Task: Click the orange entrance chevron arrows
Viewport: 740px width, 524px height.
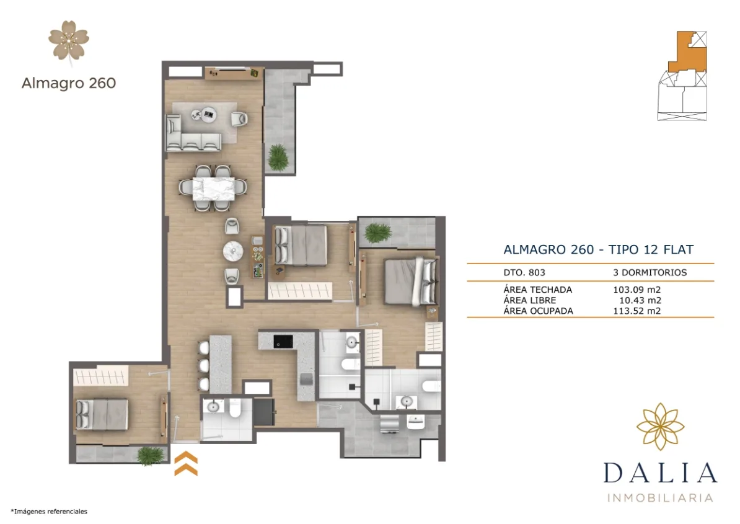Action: [x=186, y=464]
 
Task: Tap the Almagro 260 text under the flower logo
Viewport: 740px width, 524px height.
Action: [x=69, y=83]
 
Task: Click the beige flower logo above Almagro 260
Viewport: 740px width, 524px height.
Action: [x=69, y=41]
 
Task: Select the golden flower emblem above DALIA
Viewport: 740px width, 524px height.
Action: [x=660, y=427]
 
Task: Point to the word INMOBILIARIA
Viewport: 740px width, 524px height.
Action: [x=660, y=497]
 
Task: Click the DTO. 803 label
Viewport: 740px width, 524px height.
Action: [x=524, y=272]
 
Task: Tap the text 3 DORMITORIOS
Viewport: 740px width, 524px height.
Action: [x=650, y=272]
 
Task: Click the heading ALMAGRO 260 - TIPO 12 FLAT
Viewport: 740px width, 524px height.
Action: [x=598, y=250]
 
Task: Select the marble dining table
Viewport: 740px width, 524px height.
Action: [x=213, y=188]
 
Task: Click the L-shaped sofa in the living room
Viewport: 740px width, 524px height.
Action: [x=186, y=135]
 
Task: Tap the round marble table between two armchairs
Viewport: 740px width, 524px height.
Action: [x=234, y=251]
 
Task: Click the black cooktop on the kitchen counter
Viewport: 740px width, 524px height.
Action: [x=284, y=340]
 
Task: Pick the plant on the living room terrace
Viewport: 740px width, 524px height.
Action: [x=278, y=157]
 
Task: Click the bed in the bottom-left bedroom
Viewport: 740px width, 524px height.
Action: [x=102, y=414]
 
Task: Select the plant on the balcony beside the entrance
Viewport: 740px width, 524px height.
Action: [x=150, y=456]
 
